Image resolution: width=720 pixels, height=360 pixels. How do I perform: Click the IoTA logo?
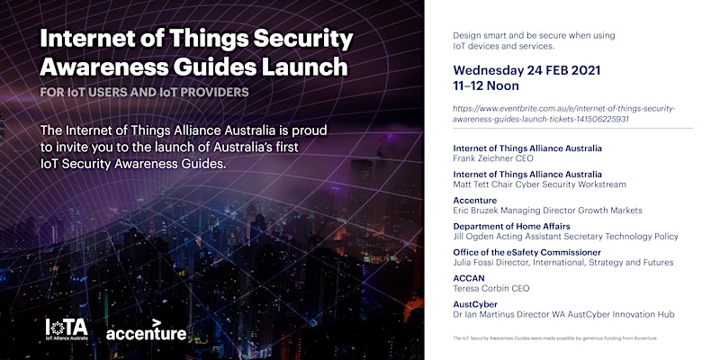coord(67,329)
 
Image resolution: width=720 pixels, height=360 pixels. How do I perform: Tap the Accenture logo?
coord(147,329)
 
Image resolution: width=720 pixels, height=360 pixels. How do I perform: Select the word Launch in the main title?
coord(305,67)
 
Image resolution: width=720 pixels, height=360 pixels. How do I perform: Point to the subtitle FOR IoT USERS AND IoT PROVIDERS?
coord(144,93)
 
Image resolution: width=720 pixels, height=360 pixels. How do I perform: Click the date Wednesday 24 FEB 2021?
coord(526,71)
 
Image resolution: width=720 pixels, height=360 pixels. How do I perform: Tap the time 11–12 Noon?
coord(486,85)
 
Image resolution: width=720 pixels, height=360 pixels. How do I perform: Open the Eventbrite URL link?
coord(564,114)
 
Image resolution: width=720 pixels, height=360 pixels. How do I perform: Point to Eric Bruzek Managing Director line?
coord(547,211)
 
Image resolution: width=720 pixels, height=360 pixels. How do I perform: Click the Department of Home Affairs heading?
coord(511,227)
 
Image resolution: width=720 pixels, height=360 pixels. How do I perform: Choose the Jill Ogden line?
coord(566,237)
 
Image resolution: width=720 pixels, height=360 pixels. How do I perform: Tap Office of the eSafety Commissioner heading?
coord(526,253)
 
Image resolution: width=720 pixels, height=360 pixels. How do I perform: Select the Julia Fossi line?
coord(563,263)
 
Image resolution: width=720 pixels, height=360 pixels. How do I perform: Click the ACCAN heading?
coord(469,278)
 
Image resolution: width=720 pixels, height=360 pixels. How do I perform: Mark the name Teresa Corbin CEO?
coord(491,289)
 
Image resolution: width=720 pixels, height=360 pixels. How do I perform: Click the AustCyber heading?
coord(475,304)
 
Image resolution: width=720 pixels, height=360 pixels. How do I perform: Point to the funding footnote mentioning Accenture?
coord(554,338)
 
